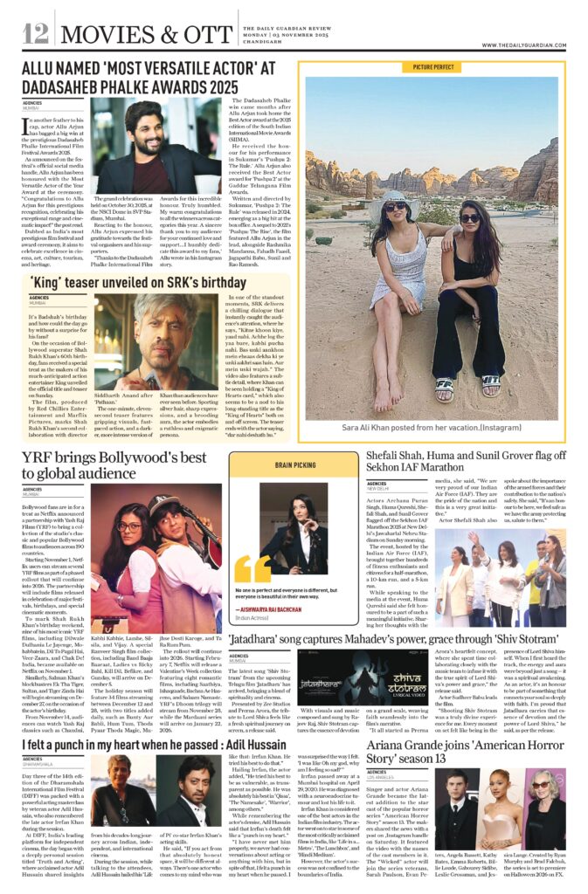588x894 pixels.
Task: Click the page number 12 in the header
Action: [36, 34]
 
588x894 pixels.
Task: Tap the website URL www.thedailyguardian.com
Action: [524, 45]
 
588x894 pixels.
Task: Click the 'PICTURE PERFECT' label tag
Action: [434, 66]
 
